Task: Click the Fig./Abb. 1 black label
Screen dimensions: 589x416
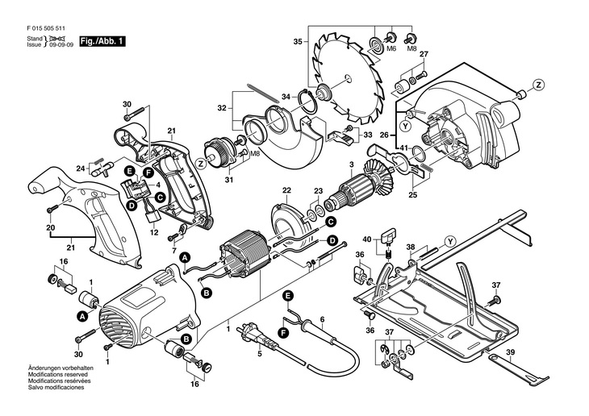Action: coord(102,41)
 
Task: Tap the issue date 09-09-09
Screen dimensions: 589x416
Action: coord(61,44)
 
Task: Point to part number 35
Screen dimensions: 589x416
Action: coord(298,42)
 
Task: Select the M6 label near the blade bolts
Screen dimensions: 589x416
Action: coord(391,49)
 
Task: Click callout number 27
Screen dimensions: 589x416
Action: coord(424,54)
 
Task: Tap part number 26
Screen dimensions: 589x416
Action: coord(383,135)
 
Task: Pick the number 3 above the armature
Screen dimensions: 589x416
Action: coord(351,164)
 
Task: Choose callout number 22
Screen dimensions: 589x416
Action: coord(286,190)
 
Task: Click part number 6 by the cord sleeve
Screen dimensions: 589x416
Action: coord(322,319)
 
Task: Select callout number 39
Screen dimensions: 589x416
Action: coord(510,352)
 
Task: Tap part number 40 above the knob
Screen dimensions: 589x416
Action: coord(367,239)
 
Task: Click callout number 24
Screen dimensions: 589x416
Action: coord(81,168)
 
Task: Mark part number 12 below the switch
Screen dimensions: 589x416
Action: coord(154,232)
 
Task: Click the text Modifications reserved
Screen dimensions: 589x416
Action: coord(58,374)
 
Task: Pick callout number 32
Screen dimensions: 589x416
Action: coord(222,108)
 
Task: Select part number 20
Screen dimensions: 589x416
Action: coord(51,227)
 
